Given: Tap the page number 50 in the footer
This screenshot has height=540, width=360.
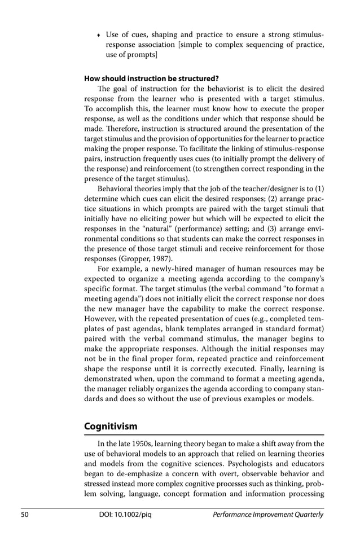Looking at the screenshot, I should pos(26,515).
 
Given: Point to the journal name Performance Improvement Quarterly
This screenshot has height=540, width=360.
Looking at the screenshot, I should pos(269,515).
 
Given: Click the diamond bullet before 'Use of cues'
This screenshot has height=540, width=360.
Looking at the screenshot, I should pos(99,36).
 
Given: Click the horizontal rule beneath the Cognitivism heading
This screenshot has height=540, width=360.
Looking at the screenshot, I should pos(204,435).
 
